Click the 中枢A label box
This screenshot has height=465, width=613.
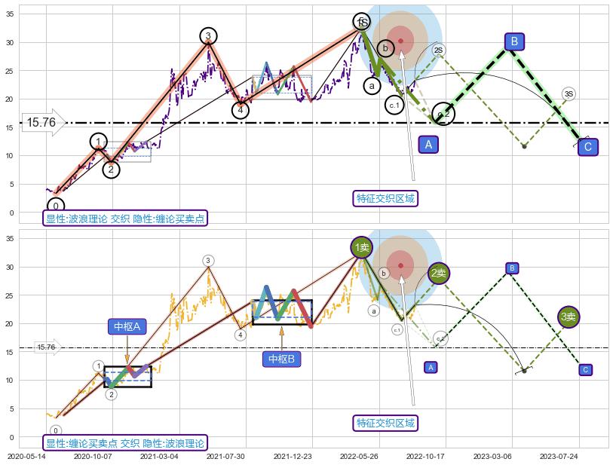pos(127,326)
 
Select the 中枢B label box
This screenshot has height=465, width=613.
pos(281,359)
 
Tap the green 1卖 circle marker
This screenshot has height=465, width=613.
pos(362,246)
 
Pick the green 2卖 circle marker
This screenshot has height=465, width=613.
pos(439,273)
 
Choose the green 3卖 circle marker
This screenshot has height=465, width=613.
pos(569,317)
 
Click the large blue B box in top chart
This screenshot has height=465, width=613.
pos(514,41)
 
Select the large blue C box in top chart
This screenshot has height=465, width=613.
pos(588,147)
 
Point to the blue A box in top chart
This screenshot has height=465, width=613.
pos(428,144)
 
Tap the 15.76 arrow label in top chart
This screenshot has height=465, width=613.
pos(43,122)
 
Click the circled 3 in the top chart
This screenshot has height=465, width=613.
pos(209,35)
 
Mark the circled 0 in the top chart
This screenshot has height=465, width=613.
pos(56,206)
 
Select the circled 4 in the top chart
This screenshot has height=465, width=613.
pos(241,110)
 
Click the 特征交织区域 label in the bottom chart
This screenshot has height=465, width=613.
pos(386,422)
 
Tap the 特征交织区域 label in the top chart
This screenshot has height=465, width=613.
pos(386,198)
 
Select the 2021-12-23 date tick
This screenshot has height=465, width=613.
pos(293,456)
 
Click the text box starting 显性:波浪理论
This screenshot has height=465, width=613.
pos(125,219)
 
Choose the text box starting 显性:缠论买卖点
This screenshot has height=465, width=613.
pos(125,443)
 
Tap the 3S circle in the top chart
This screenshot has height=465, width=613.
pos(569,94)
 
